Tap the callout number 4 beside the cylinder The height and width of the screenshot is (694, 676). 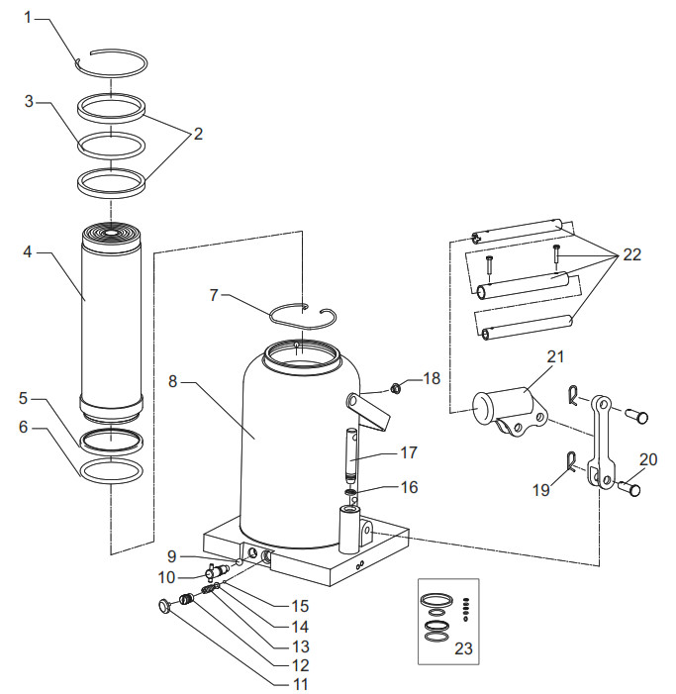tap(29, 250)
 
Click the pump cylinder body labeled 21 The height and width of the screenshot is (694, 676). tap(504, 407)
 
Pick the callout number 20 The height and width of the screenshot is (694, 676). tap(648, 458)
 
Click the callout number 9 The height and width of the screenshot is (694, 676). tap(170, 556)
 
